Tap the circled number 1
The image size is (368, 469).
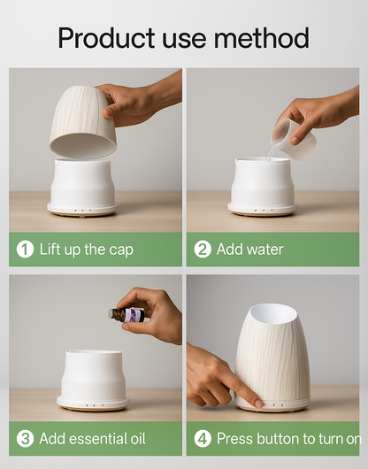pos(25,250)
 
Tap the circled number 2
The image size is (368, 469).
pos(203,250)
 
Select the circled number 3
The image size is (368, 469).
pos(25,439)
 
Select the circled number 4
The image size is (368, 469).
pos(203,439)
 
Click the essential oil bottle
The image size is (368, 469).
pos(126,315)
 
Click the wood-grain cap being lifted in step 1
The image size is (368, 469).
pos(83,122)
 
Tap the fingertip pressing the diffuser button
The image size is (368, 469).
pos(259,404)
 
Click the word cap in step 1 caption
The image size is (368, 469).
pos(121,250)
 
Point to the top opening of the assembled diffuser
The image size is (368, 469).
pos(273,314)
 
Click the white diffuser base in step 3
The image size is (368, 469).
pos(94,380)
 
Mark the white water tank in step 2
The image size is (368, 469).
pos(263,186)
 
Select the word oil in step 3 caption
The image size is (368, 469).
pos(138,439)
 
